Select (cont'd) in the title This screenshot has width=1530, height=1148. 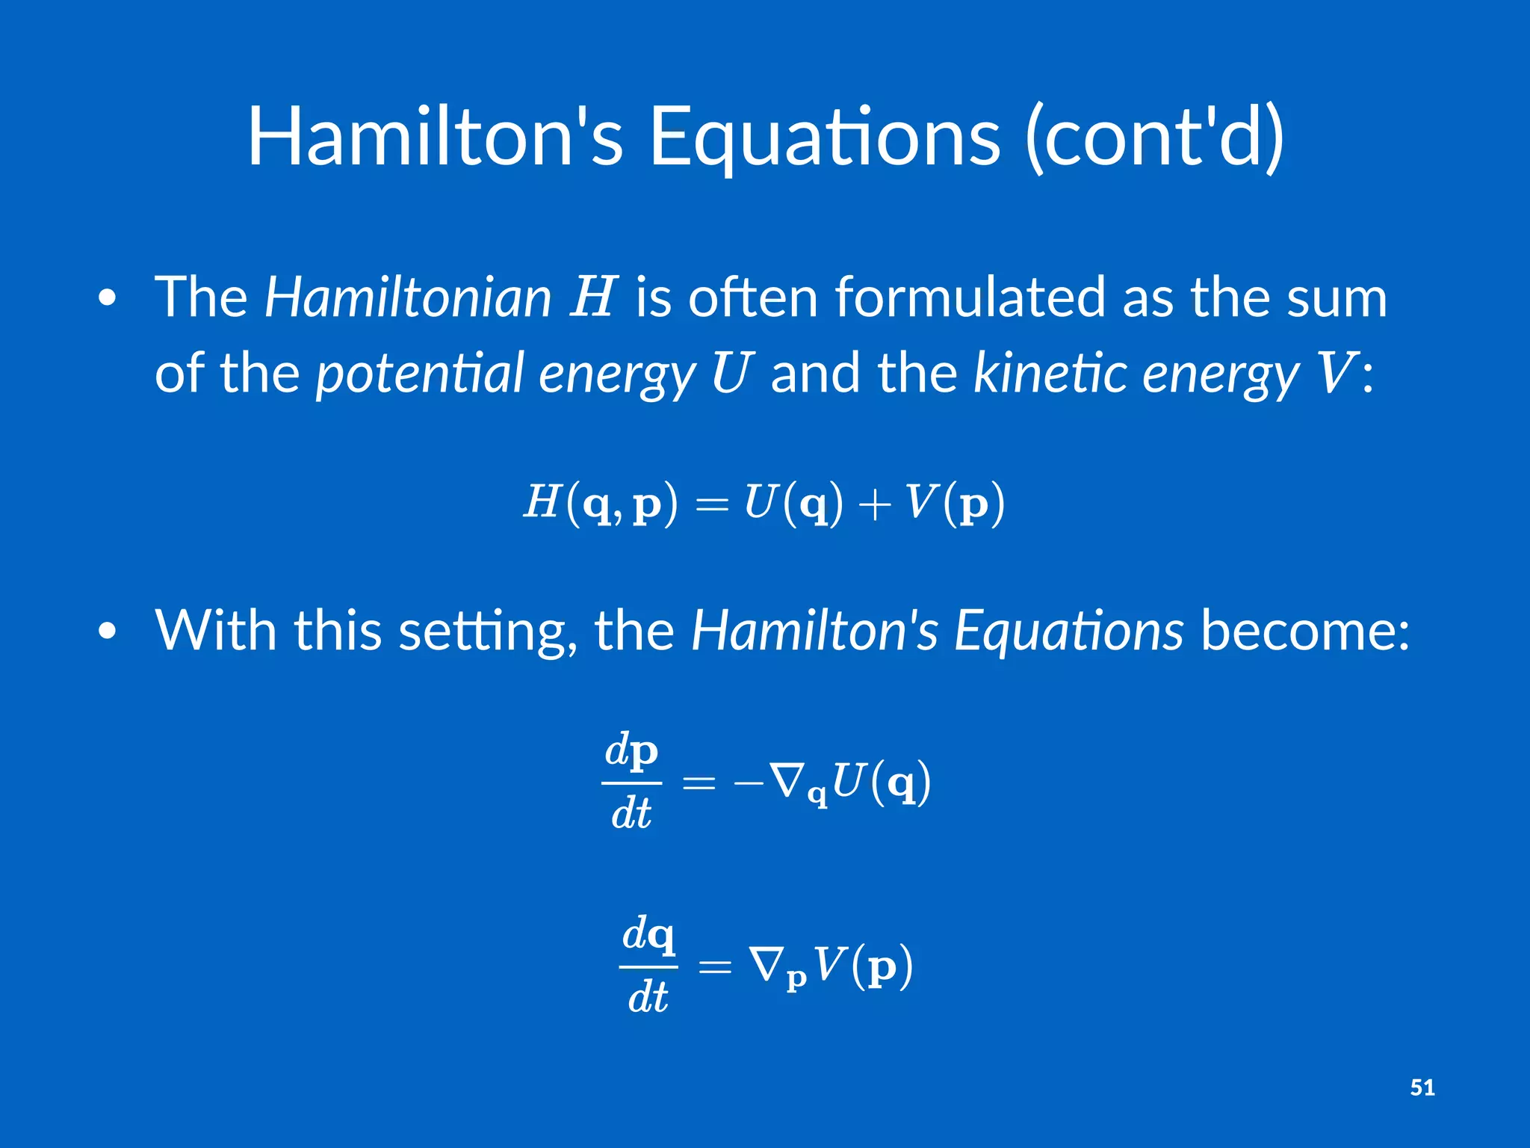pos(1155,138)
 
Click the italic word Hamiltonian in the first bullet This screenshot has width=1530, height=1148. pos(408,297)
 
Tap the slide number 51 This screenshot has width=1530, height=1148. pos(1422,1087)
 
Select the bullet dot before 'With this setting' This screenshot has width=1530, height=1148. pos(108,632)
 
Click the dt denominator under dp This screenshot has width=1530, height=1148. pos(631,814)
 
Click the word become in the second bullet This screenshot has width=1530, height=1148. pos(1304,631)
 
